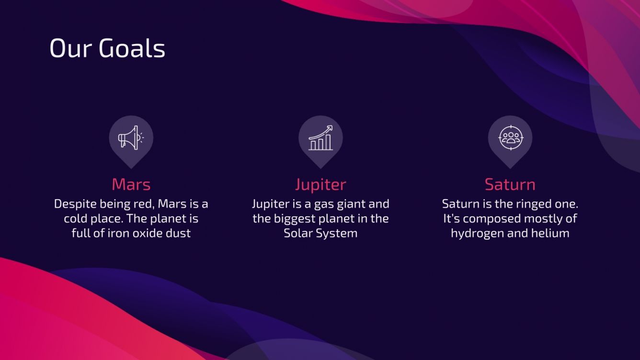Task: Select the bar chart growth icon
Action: tap(320, 138)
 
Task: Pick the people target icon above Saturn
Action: tap(510, 138)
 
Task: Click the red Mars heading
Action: tap(131, 184)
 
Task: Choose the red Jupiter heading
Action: tap(320, 184)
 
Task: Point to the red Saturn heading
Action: tap(510, 184)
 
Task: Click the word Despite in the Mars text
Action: tap(75, 204)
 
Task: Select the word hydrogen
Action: tap(475, 234)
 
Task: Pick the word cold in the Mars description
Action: tap(75, 219)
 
